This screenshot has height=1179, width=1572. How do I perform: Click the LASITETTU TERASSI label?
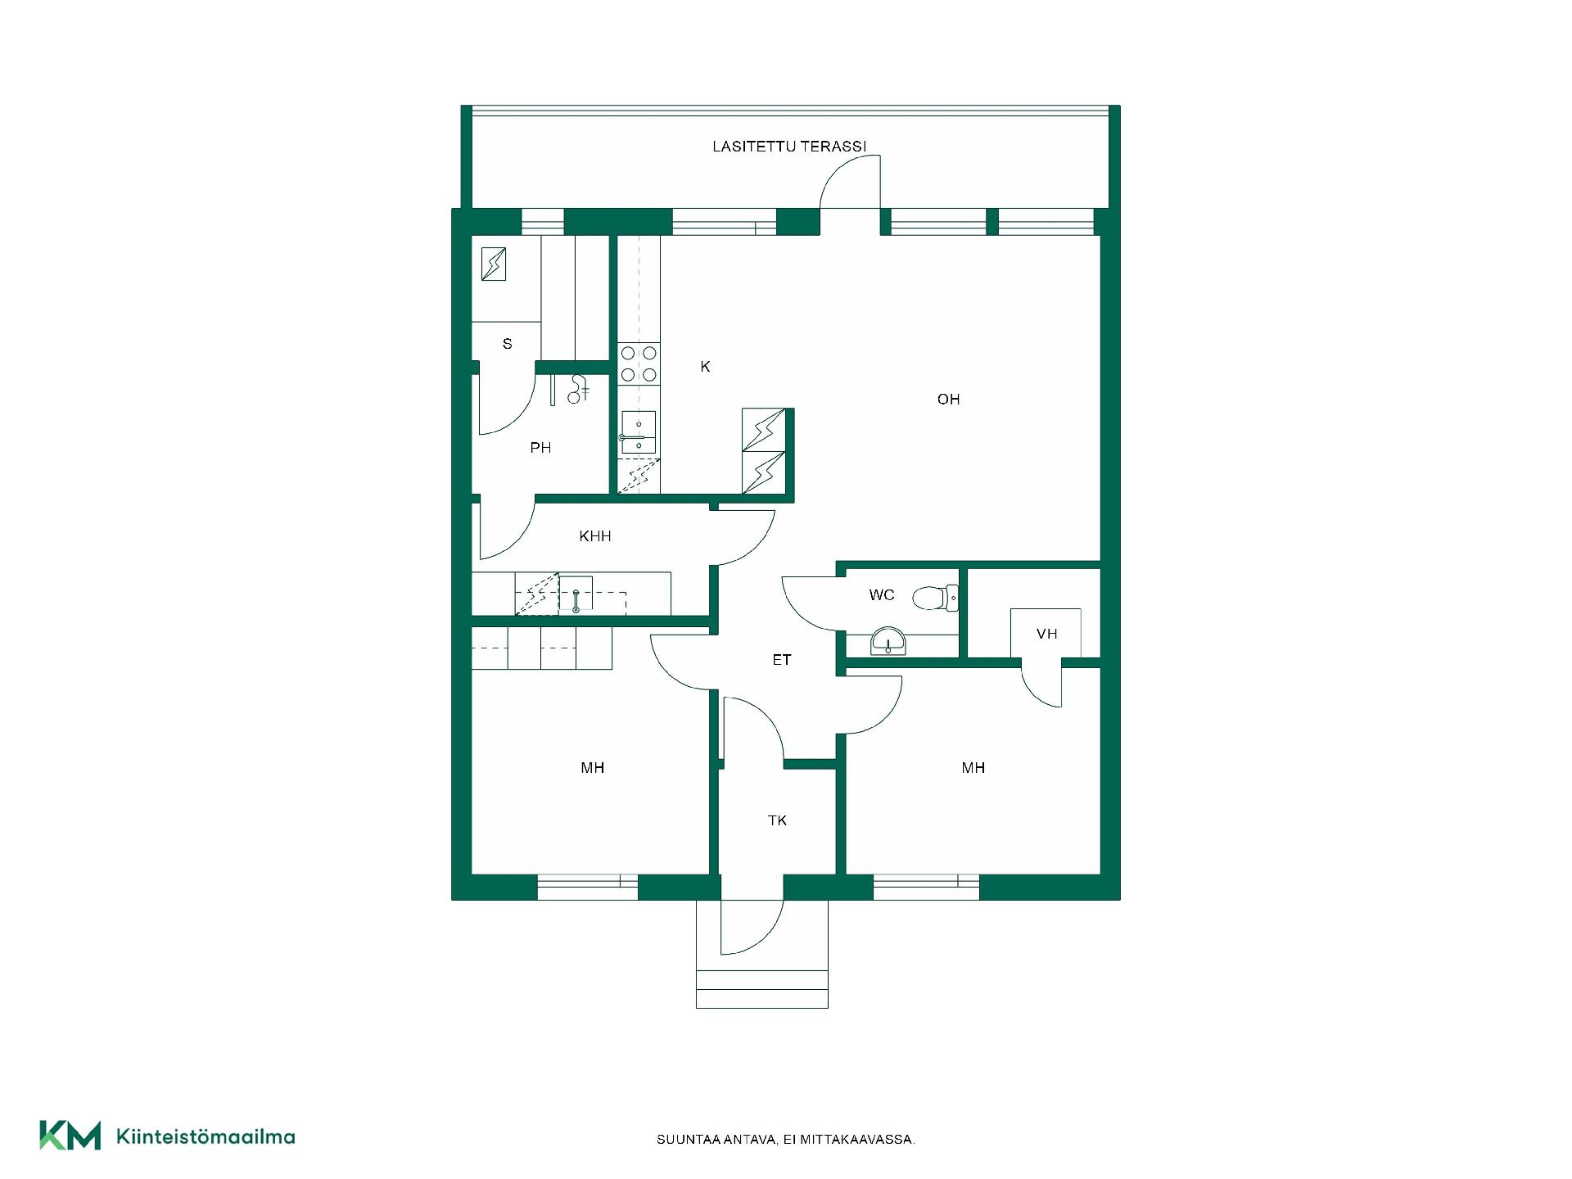788,147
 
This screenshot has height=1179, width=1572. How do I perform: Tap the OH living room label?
948,400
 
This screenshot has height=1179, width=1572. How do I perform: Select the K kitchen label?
705,367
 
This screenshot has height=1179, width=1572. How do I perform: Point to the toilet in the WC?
936,598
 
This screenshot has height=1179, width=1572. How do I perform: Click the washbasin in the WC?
888,641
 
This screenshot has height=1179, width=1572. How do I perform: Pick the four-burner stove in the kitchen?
639,364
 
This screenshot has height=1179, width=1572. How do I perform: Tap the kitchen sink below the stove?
639,432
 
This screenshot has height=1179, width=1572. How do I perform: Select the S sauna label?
508,344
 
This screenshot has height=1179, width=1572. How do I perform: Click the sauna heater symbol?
494,264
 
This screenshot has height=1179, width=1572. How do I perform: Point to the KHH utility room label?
595,536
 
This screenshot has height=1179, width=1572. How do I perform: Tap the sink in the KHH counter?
576,595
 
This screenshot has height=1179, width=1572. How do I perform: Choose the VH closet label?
1046,634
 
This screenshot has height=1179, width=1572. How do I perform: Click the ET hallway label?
782,660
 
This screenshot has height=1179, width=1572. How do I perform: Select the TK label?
777,820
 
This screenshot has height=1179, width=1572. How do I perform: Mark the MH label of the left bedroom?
593,768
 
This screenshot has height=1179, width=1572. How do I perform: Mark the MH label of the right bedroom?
973,768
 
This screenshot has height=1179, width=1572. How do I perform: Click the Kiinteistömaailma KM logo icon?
70,1136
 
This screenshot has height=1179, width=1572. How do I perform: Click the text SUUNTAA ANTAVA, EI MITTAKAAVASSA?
786,1140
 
